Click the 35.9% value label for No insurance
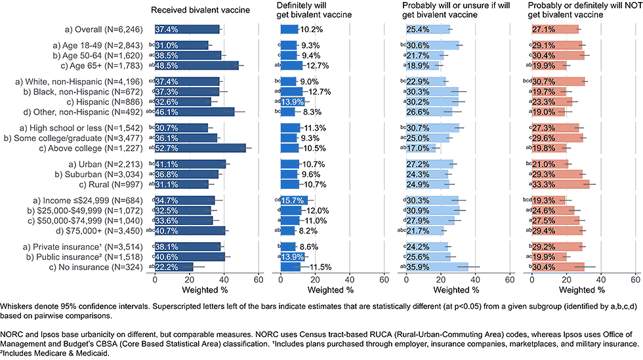tap(418, 267)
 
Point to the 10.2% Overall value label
tap(310, 30)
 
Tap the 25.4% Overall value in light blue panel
tap(418, 30)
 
